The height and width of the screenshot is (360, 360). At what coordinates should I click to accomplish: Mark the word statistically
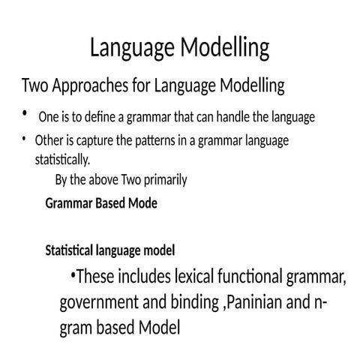click(x=62, y=160)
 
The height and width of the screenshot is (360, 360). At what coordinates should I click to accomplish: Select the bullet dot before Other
click(x=24, y=139)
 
